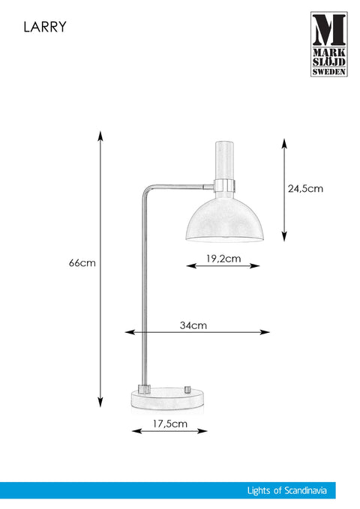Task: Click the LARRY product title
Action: click(45, 27)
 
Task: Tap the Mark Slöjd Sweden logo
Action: click(328, 44)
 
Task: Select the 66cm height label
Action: click(82, 262)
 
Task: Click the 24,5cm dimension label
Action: click(305, 189)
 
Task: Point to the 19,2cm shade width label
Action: click(223, 259)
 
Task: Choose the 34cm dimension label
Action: click(193, 325)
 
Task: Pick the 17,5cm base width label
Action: click(170, 424)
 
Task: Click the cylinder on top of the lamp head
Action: click(224, 160)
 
